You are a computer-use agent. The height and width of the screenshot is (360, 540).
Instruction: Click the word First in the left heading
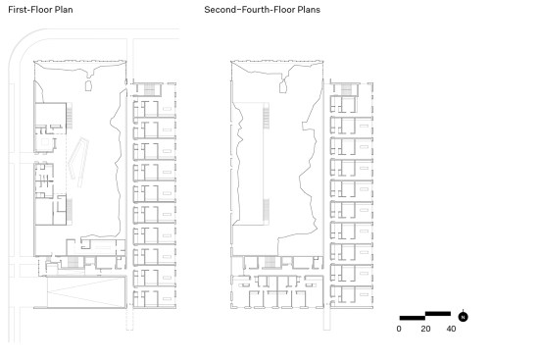click(18, 9)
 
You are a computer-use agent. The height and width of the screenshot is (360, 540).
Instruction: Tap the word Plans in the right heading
click(309, 9)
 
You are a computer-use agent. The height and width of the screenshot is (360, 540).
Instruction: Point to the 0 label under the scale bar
click(399, 329)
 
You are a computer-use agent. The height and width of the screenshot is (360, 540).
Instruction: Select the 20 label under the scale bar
click(425, 329)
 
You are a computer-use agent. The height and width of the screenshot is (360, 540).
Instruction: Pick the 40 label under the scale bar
click(451, 329)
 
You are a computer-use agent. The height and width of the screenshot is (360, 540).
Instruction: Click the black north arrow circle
click(464, 317)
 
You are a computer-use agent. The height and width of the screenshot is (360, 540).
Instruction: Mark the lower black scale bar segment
click(413, 318)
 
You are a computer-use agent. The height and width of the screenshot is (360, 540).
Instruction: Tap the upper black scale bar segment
click(438, 314)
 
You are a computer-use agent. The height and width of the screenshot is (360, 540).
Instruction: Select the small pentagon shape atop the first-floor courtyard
click(89, 85)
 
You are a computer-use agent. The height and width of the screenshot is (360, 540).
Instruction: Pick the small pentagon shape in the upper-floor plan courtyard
click(283, 86)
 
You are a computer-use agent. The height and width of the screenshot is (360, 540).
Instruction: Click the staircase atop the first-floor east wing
click(150, 89)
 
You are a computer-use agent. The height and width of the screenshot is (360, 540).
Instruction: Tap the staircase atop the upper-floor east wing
click(346, 89)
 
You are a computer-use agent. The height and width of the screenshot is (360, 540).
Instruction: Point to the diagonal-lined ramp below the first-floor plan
click(85, 291)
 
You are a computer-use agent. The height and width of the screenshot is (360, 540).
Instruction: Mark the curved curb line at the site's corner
click(21, 41)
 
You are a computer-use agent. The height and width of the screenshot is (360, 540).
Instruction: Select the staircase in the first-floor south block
click(73, 262)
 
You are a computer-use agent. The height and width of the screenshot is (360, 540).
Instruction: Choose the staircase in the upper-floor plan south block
click(270, 262)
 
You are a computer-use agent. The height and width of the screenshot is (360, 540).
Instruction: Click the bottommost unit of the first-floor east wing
click(154, 298)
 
